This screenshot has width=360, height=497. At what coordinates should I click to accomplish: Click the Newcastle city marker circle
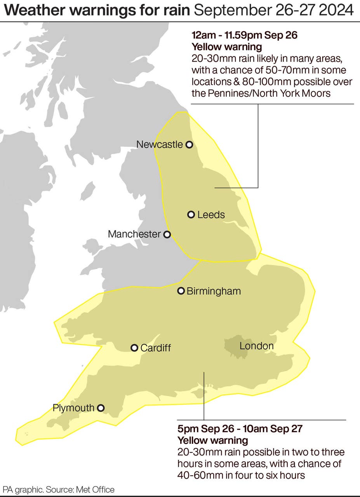coord(189,145)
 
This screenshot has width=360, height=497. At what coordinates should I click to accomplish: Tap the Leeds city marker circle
coord(191,214)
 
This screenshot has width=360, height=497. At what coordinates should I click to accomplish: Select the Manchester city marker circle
coord(167,235)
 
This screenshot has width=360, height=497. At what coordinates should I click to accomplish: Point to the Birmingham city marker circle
coord(181,291)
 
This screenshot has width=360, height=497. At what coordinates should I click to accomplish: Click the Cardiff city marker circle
coord(134,348)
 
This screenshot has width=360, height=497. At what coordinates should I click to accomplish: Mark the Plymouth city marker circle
coord(101,408)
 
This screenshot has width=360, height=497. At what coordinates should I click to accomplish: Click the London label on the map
coord(256,346)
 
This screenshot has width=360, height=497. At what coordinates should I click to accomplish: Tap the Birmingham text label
coord(214,291)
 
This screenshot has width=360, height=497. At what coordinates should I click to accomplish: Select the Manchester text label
coord(134,235)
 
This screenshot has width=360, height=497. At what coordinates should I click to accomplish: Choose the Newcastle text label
coord(159,145)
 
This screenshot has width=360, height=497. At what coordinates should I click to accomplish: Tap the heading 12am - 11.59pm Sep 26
coord(244,36)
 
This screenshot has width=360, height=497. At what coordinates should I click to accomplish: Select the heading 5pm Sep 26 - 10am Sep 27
coord(240,429)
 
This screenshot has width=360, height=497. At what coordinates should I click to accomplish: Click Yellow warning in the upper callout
coord(226,47)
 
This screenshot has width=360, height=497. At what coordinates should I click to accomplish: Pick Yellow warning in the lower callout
coord(213,441)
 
